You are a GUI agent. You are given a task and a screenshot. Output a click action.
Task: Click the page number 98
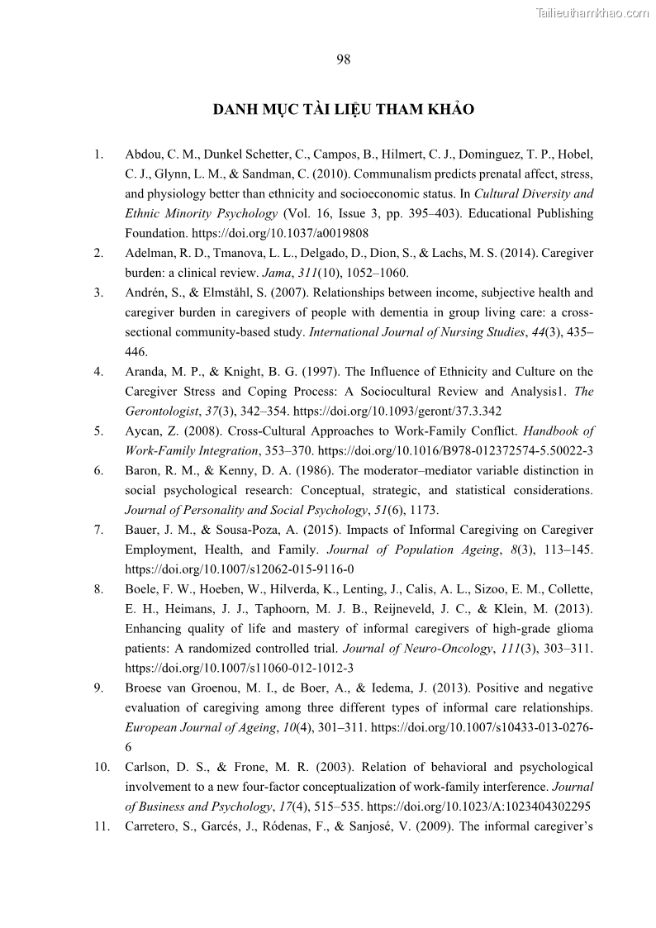(x=344, y=59)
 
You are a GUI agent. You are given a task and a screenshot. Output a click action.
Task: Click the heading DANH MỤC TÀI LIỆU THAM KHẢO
(x=344, y=110)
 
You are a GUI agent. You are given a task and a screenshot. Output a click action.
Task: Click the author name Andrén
(x=146, y=293)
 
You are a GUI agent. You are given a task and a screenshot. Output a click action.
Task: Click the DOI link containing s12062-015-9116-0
(x=240, y=570)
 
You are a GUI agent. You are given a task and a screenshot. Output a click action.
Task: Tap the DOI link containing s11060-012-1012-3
(x=240, y=669)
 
